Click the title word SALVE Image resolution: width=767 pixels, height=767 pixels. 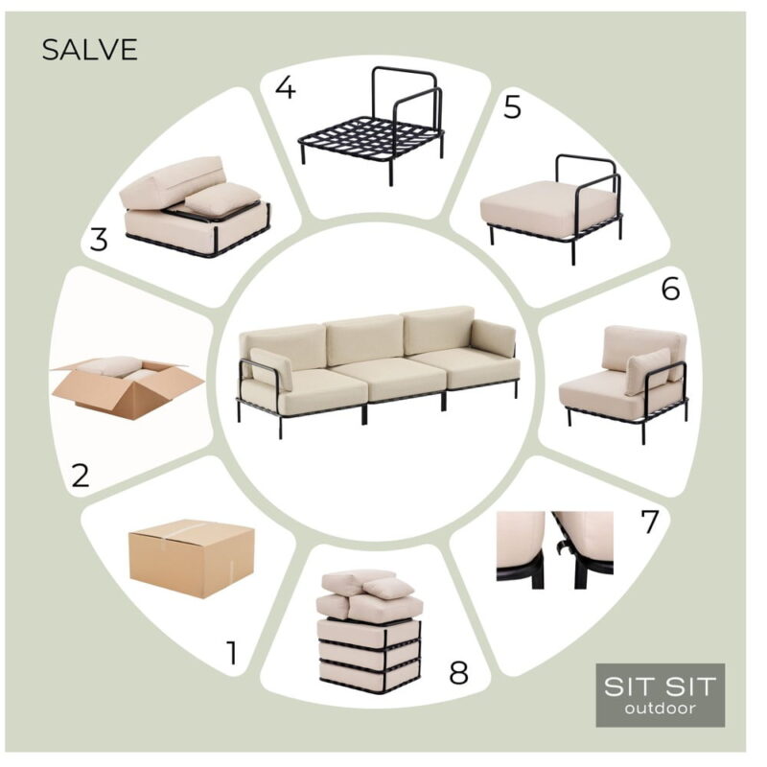(x=89, y=50)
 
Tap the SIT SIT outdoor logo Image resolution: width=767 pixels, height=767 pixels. (x=660, y=694)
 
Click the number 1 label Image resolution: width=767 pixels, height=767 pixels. (x=232, y=653)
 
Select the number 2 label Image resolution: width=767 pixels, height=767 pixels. (x=81, y=475)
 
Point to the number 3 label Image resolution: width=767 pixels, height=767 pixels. (x=99, y=240)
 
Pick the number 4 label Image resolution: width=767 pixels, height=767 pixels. (x=286, y=88)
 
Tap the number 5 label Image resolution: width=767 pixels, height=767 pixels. (x=512, y=107)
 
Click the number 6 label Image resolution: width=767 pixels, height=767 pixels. (x=670, y=289)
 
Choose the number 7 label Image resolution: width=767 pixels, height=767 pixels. (x=650, y=522)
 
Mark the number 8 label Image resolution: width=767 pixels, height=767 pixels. (x=459, y=672)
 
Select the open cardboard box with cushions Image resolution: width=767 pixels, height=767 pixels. (x=128, y=386)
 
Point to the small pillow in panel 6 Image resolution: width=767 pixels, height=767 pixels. (x=648, y=370)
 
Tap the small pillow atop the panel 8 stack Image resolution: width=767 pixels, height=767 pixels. (x=389, y=589)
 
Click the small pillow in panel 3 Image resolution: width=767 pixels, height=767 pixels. (x=221, y=199)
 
